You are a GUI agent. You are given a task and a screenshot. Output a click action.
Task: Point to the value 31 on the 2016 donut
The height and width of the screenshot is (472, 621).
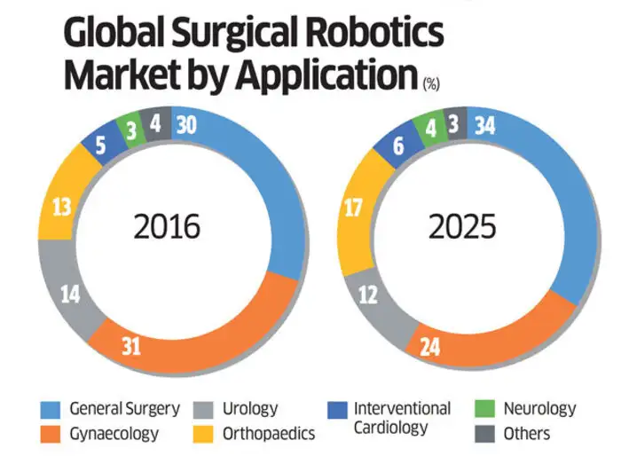pos(130,347)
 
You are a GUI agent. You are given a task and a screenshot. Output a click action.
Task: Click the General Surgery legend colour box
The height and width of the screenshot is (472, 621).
pos(51,410)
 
